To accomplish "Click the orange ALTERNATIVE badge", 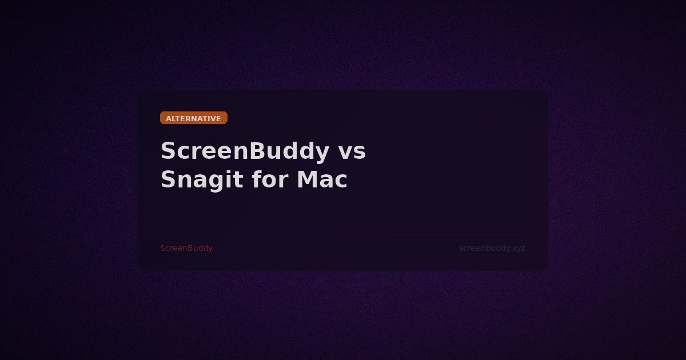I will coord(194,118).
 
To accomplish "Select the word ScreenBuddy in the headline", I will coord(244,151).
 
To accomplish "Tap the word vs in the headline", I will coord(352,151).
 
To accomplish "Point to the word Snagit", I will coord(201,180).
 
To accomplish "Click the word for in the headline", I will coord(269,179).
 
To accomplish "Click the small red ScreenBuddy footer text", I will coord(186,248).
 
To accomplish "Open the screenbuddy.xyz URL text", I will coord(492,248).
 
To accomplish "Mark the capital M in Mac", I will coord(308,179).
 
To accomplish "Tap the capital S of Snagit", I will coord(169,179).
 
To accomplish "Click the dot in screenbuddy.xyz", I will coord(511,251).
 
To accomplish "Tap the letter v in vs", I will coord(345,153).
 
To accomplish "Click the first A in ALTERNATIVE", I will coord(169,119).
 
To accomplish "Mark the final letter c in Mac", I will coord(341,181).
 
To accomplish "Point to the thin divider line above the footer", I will coord(343,234).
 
